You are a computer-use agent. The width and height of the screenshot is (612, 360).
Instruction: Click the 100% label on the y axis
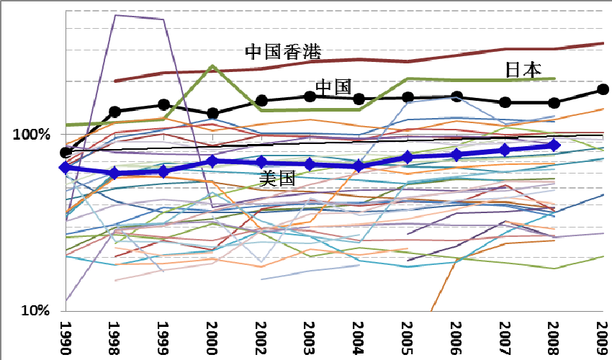(x=31, y=135)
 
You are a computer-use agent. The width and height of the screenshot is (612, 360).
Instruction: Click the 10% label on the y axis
(x=35, y=311)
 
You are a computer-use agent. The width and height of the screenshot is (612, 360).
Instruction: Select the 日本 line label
(x=523, y=69)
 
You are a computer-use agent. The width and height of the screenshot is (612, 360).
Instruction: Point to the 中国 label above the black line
(x=333, y=87)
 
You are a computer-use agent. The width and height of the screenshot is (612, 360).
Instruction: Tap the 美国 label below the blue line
(x=278, y=179)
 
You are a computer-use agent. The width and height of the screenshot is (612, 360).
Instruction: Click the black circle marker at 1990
(x=66, y=152)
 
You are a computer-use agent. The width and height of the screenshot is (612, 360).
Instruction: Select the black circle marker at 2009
(x=603, y=89)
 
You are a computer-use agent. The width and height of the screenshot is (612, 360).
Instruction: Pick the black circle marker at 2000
(x=212, y=113)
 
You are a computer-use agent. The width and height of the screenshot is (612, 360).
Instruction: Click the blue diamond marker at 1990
(x=66, y=168)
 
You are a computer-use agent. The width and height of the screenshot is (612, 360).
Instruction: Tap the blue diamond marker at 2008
(x=554, y=145)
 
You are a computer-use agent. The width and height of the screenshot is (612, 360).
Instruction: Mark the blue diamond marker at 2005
(x=408, y=157)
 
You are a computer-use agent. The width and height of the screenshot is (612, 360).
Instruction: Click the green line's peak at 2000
(x=212, y=67)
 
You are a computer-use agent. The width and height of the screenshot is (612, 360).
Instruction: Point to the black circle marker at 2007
(x=505, y=102)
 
